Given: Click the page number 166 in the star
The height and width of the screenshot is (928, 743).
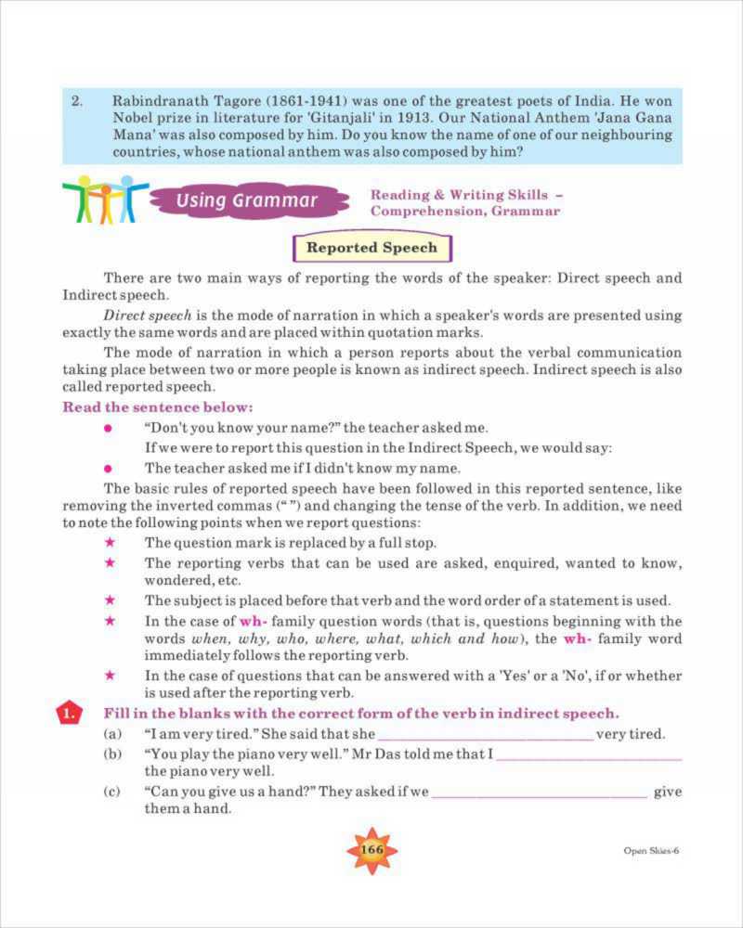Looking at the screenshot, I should [x=371, y=850].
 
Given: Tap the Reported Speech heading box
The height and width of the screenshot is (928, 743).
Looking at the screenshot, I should [x=371, y=248].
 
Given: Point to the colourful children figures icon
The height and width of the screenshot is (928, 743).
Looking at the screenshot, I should [x=104, y=200].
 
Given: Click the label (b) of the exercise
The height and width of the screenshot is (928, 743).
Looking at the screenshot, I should [x=111, y=754].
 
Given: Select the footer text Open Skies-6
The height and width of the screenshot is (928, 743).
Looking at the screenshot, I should [x=651, y=851].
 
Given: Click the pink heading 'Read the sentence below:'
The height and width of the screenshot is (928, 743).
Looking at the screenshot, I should [x=158, y=407].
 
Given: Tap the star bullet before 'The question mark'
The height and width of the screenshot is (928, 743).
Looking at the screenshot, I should [x=109, y=543].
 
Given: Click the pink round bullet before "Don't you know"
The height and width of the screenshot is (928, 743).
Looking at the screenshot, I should [x=109, y=429].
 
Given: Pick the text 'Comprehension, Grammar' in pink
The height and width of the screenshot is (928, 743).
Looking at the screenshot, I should [x=465, y=211].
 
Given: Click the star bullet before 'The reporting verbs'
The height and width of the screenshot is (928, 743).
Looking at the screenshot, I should [x=109, y=563].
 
